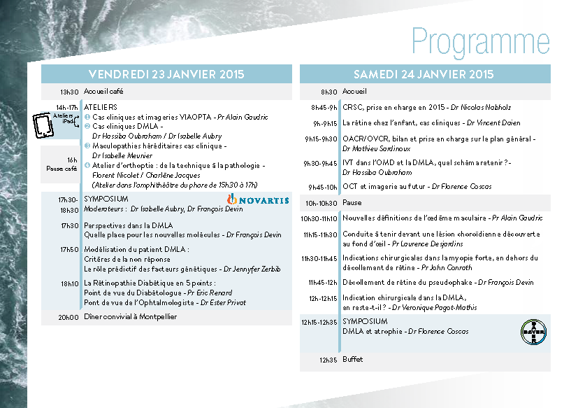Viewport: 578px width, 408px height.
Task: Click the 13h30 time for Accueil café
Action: [x=69, y=92]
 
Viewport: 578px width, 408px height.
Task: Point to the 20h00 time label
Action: [x=68, y=317]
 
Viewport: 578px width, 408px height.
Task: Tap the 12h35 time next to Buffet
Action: [x=328, y=360]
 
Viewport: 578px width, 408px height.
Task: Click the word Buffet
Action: [x=353, y=360]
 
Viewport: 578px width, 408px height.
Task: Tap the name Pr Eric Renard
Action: [x=210, y=293]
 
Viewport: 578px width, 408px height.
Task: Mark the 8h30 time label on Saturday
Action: [x=328, y=92]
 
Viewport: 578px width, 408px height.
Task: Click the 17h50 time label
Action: [x=69, y=249]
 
